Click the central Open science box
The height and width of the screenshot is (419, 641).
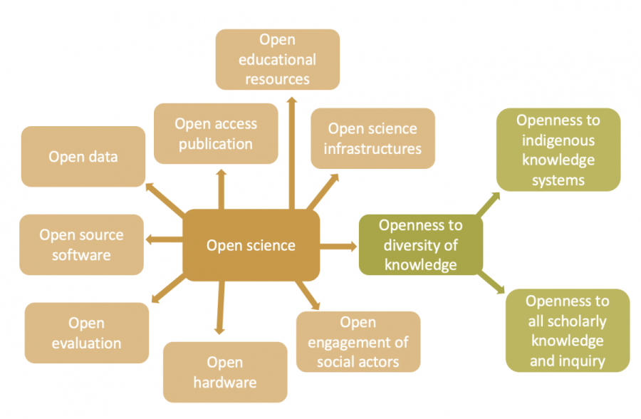click(x=251, y=245)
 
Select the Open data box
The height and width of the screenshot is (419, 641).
click(x=83, y=157)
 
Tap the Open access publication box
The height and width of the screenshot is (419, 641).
click(x=216, y=133)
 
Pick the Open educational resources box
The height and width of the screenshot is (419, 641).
click(x=277, y=59)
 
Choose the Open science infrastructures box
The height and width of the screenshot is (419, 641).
click(x=372, y=138)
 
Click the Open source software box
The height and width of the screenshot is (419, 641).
click(x=81, y=244)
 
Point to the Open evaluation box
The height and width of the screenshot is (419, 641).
click(x=87, y=333)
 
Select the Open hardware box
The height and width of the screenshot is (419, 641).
click(x=225, y=372)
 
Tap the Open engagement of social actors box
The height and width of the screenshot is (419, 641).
click(x=358, y=342)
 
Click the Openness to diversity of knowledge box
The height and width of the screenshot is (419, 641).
click(x=420, y=245)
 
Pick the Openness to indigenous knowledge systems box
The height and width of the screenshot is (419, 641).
click(x=558, y=150)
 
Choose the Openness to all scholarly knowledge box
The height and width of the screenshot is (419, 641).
click(x=568, y=331)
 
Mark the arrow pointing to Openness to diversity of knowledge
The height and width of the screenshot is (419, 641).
click(x=338, y=247)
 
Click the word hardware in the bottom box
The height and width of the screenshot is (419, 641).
click(x=225, y=383)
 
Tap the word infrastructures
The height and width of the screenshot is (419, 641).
click(x=372, y=149)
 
